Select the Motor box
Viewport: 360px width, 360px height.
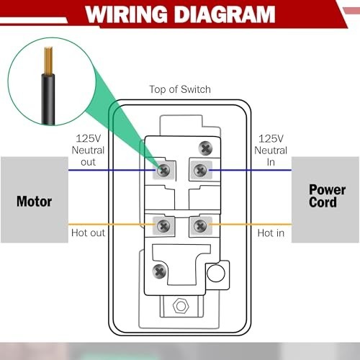[x=34, y=201]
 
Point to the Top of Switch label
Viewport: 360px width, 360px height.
[x=180, y=89]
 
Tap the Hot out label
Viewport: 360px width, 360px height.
[x=88, y=233]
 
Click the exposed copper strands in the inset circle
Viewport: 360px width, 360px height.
[x=49, y=57]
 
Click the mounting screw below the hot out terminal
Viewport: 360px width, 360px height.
[x=159, y=271]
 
